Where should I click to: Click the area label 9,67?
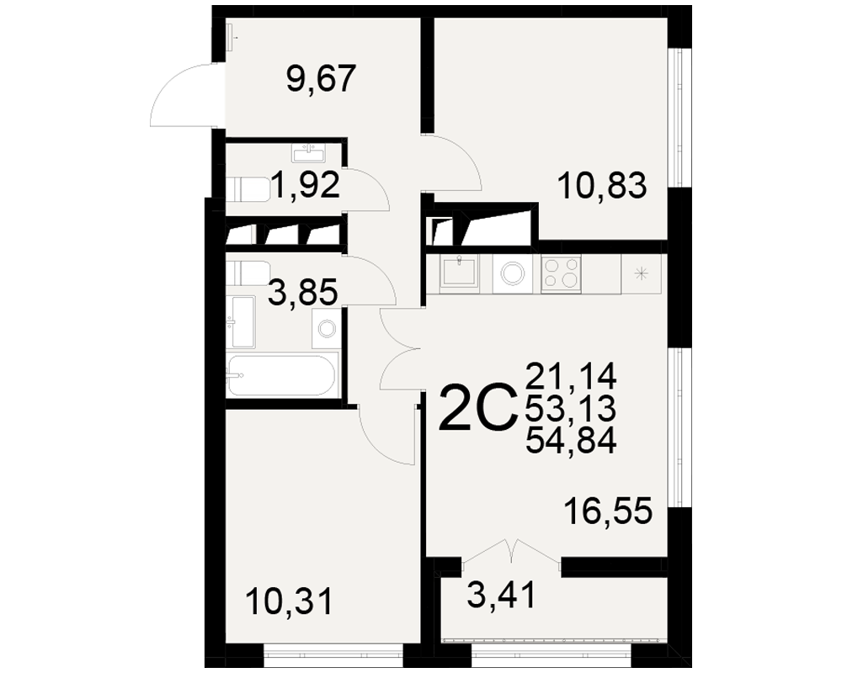pos(321,79)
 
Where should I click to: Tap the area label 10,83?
pos(602,186)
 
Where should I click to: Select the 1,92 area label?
pos(306,184)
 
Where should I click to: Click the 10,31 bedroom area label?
pos(289,601)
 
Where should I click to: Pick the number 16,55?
pos(608,511)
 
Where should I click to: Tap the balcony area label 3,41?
pos(502,595)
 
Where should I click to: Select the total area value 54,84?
pos(571,442)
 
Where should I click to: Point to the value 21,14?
pos(571,376)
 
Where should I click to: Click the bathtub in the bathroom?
pos(282,374)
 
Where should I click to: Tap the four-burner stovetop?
pos(561,273)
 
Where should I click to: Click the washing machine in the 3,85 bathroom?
pos(326,328)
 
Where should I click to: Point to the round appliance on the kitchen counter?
pos(513,273)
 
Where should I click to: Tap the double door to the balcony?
pos(511,553)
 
